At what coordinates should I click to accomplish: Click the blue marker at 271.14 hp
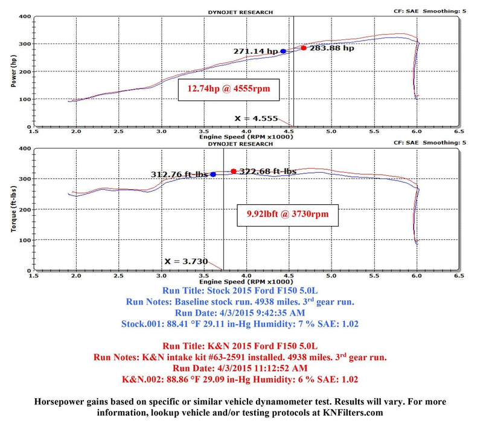(x=283, y=51)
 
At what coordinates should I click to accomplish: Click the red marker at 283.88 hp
(x=304, y=48)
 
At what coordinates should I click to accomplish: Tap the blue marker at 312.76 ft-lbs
(x=213, y=175)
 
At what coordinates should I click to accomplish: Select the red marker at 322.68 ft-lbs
(x=234, y=171)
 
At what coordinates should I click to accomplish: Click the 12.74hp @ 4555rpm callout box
(x=229, y=89)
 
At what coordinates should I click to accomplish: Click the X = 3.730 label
(x=186, y=262)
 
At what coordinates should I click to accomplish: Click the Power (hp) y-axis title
(x=14, y=71)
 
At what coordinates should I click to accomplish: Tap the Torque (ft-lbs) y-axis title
(x=14, y=208)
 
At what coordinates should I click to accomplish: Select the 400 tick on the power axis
(x=24, y=17)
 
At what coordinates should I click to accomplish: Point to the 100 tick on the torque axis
(x=24, y=241)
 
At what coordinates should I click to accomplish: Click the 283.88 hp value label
(x=331, y=48)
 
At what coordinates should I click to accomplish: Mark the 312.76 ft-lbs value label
(x=179, y=175)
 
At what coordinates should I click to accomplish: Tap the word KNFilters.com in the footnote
(x=357, y=412)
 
